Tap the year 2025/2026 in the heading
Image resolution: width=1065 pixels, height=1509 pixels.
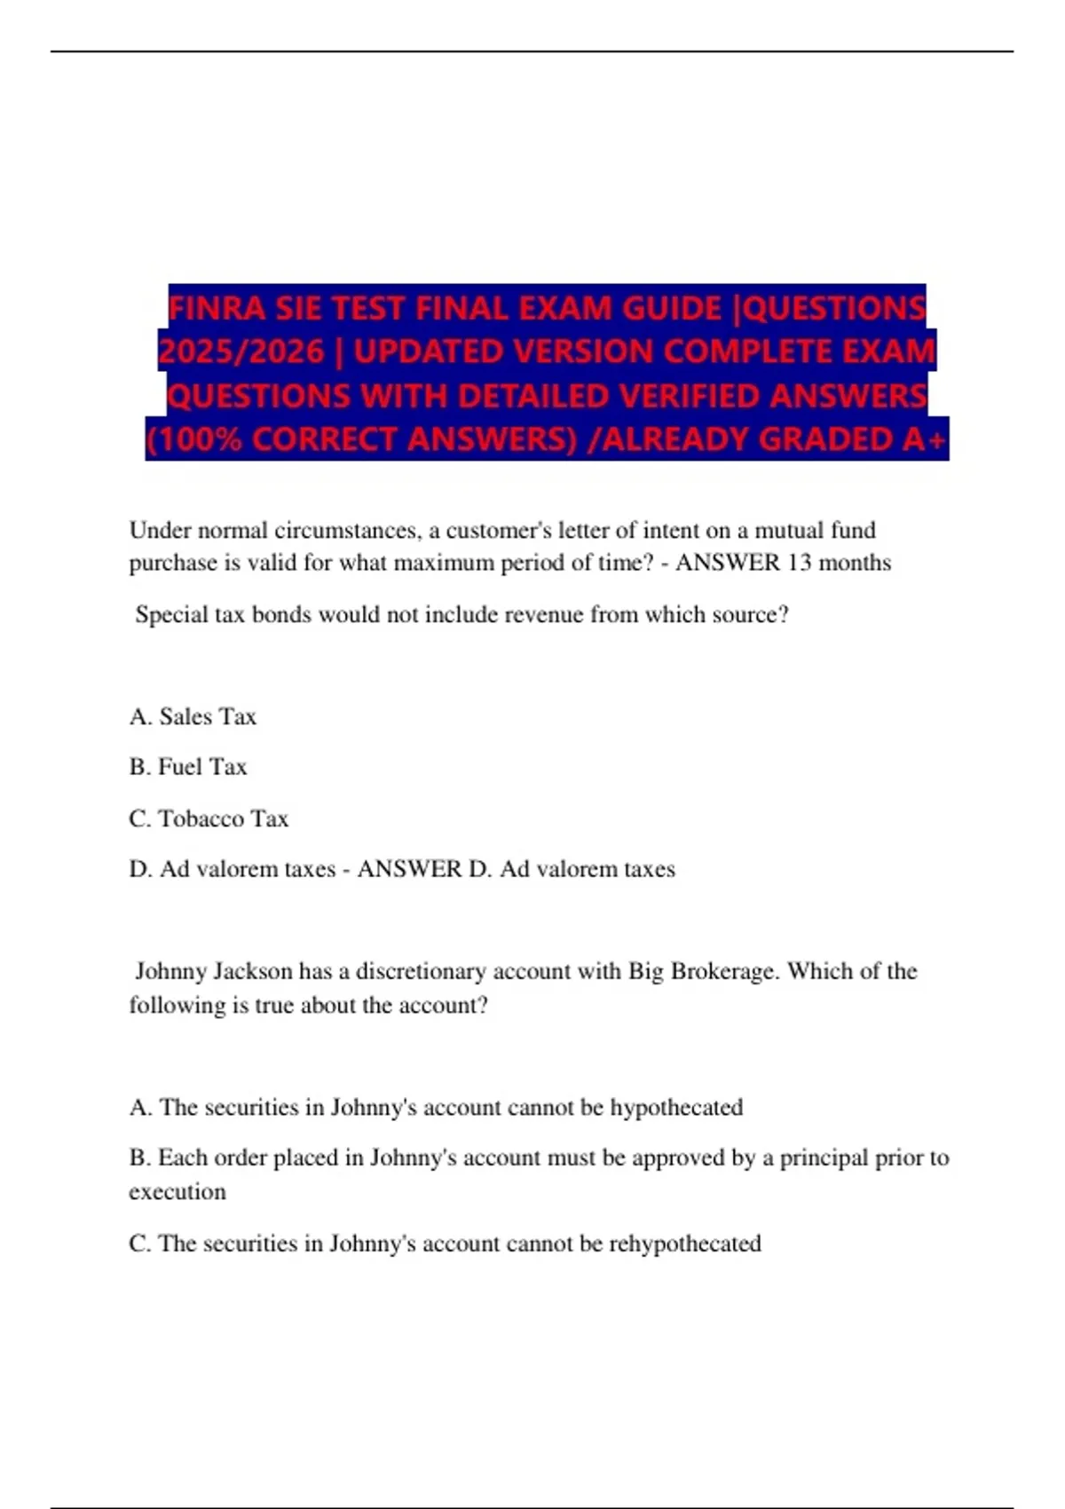coord(241,352)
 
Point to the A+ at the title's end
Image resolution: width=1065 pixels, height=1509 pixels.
coord(926,439)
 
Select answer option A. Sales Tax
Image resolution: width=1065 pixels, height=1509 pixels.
coord(193,716)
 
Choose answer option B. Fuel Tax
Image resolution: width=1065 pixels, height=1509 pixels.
coord(188,767)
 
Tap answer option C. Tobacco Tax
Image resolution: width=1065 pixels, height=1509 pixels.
coord(209,818)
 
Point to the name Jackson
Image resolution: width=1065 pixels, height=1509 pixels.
coord(250,971)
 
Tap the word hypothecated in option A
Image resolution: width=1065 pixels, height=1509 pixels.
coord(676,1108)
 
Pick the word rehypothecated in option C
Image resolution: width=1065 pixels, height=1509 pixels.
coord(684,1244)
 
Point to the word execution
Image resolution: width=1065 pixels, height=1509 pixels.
coord(177,1192)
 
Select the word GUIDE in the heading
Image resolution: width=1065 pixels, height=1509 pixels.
coord(672,308)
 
